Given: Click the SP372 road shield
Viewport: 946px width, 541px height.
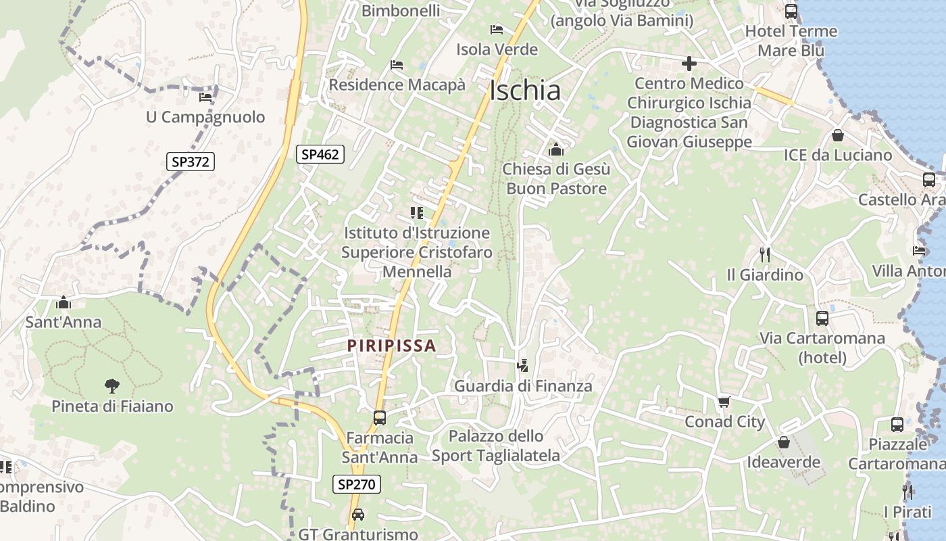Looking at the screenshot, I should coord(190,162).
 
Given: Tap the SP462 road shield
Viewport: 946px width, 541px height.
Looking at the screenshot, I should coord(320,154).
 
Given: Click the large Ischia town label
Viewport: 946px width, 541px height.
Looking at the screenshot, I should coord(525,90).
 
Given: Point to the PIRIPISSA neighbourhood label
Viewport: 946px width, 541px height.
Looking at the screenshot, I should coord(391,346).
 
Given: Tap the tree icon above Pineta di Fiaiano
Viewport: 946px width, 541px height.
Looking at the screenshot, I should coord(112,386).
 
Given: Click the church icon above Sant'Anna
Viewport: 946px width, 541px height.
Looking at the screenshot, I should coord(64,302).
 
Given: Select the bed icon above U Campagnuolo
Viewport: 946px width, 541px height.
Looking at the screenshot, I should coord(205,97).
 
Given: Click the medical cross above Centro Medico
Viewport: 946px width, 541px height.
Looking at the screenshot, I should coord(689,64).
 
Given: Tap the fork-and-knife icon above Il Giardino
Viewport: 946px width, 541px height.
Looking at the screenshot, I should coord(765,255).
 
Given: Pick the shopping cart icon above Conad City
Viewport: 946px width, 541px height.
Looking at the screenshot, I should coord(724,402).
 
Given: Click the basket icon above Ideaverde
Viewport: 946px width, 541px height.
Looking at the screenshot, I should coord(784,442).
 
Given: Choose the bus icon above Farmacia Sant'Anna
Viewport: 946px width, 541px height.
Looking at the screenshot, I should coord(379,418).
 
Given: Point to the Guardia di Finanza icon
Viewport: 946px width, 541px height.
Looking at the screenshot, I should coord(522,367).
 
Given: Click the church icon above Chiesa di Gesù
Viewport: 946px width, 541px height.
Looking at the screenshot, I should coord(556,149).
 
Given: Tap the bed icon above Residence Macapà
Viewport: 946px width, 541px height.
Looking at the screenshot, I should coord(397,65).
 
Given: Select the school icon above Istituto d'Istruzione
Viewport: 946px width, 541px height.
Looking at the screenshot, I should coord(417,213).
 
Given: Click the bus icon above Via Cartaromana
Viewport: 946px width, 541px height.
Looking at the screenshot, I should coord(822,319).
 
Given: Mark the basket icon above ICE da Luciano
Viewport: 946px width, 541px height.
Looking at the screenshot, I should coord(838,135).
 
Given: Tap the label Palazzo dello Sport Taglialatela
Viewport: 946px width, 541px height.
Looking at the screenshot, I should coord(496,446).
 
